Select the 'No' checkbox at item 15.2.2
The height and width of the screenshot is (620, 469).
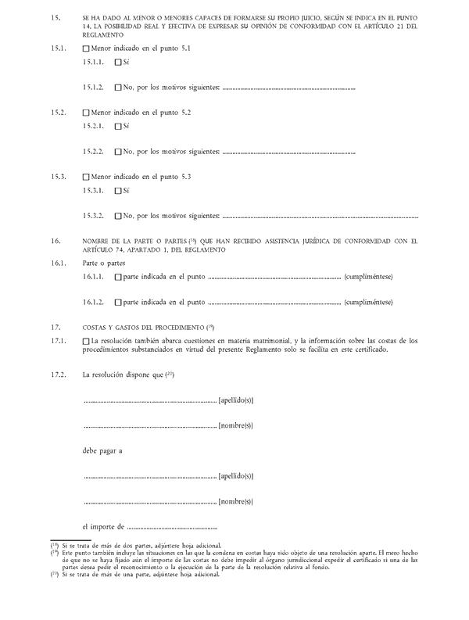pyautogui.click(x=118, y=151)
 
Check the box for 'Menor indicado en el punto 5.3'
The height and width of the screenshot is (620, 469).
pyautogui.click(x=87, y=177)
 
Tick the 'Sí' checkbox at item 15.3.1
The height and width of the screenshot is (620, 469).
pyautogui.click(x=118, y=190)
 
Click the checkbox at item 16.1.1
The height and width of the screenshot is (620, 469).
pyautogui.click(x=118, y=277)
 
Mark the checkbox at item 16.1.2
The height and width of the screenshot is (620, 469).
pyautogui.click(x=118, y=302)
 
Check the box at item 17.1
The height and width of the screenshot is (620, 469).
pyautogui.click(x=87, y=341)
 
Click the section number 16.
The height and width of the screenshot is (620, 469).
pyautogui.click(x=55, y=241)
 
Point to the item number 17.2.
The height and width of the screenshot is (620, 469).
pyautogui.click(x=57, y=375)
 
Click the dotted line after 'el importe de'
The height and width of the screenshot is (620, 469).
pyautogui.click(x=171, y=528)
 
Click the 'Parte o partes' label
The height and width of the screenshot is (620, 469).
pyautogui.click(x=104, y=263)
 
